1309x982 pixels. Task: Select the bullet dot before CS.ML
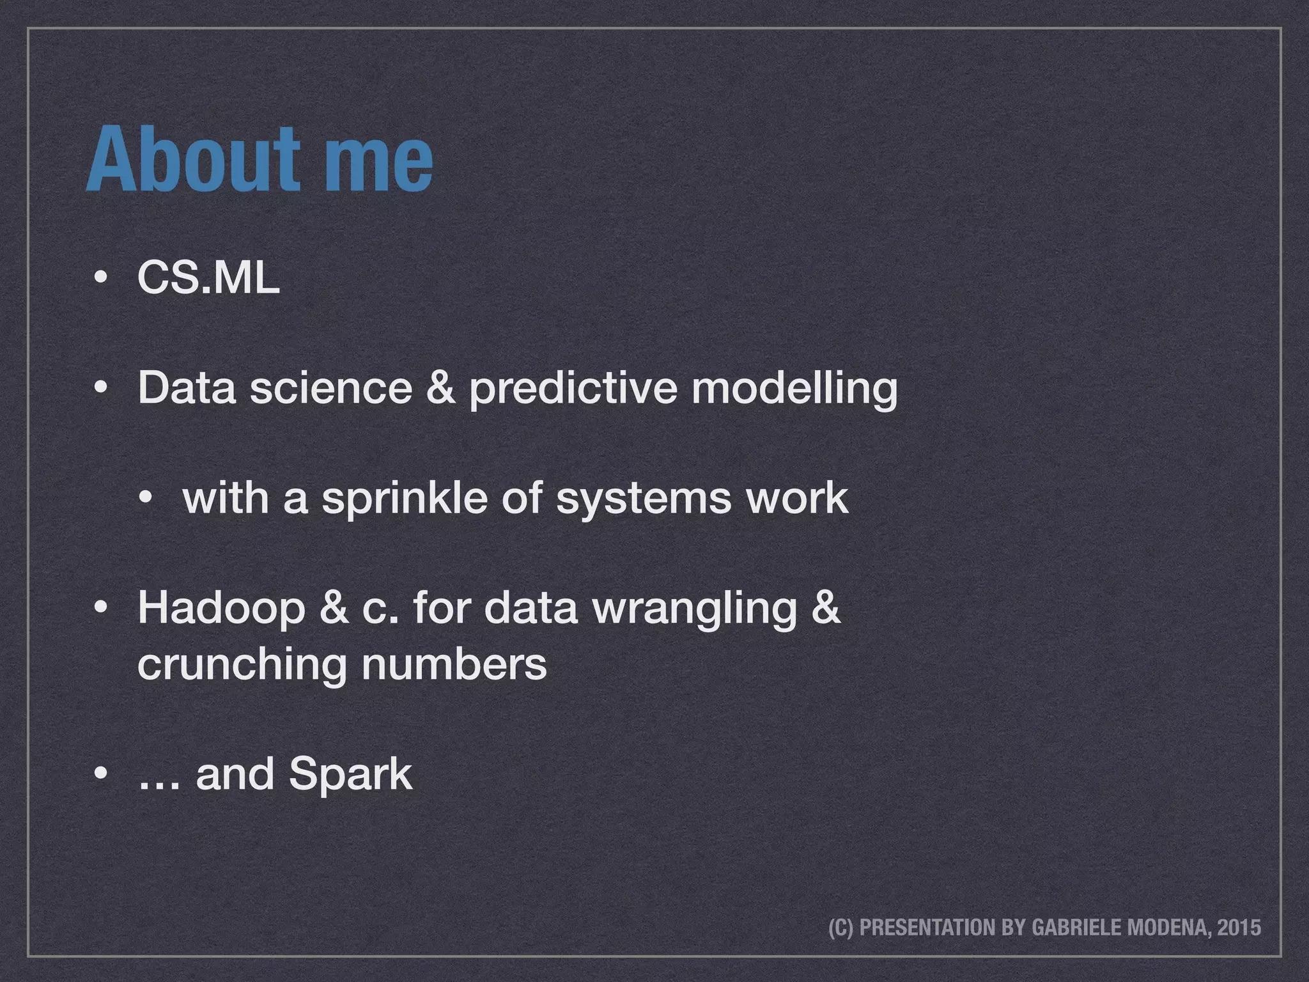[100, 279]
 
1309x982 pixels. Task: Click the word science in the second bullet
[330, 387]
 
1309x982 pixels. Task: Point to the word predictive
[573, 389]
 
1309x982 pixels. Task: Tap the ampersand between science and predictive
[440, 387]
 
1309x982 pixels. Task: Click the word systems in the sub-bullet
[642, 500]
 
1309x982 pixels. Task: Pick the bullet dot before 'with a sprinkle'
[146, 499]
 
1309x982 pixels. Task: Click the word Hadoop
[221, 609]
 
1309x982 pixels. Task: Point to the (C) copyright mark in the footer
[840, 927]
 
